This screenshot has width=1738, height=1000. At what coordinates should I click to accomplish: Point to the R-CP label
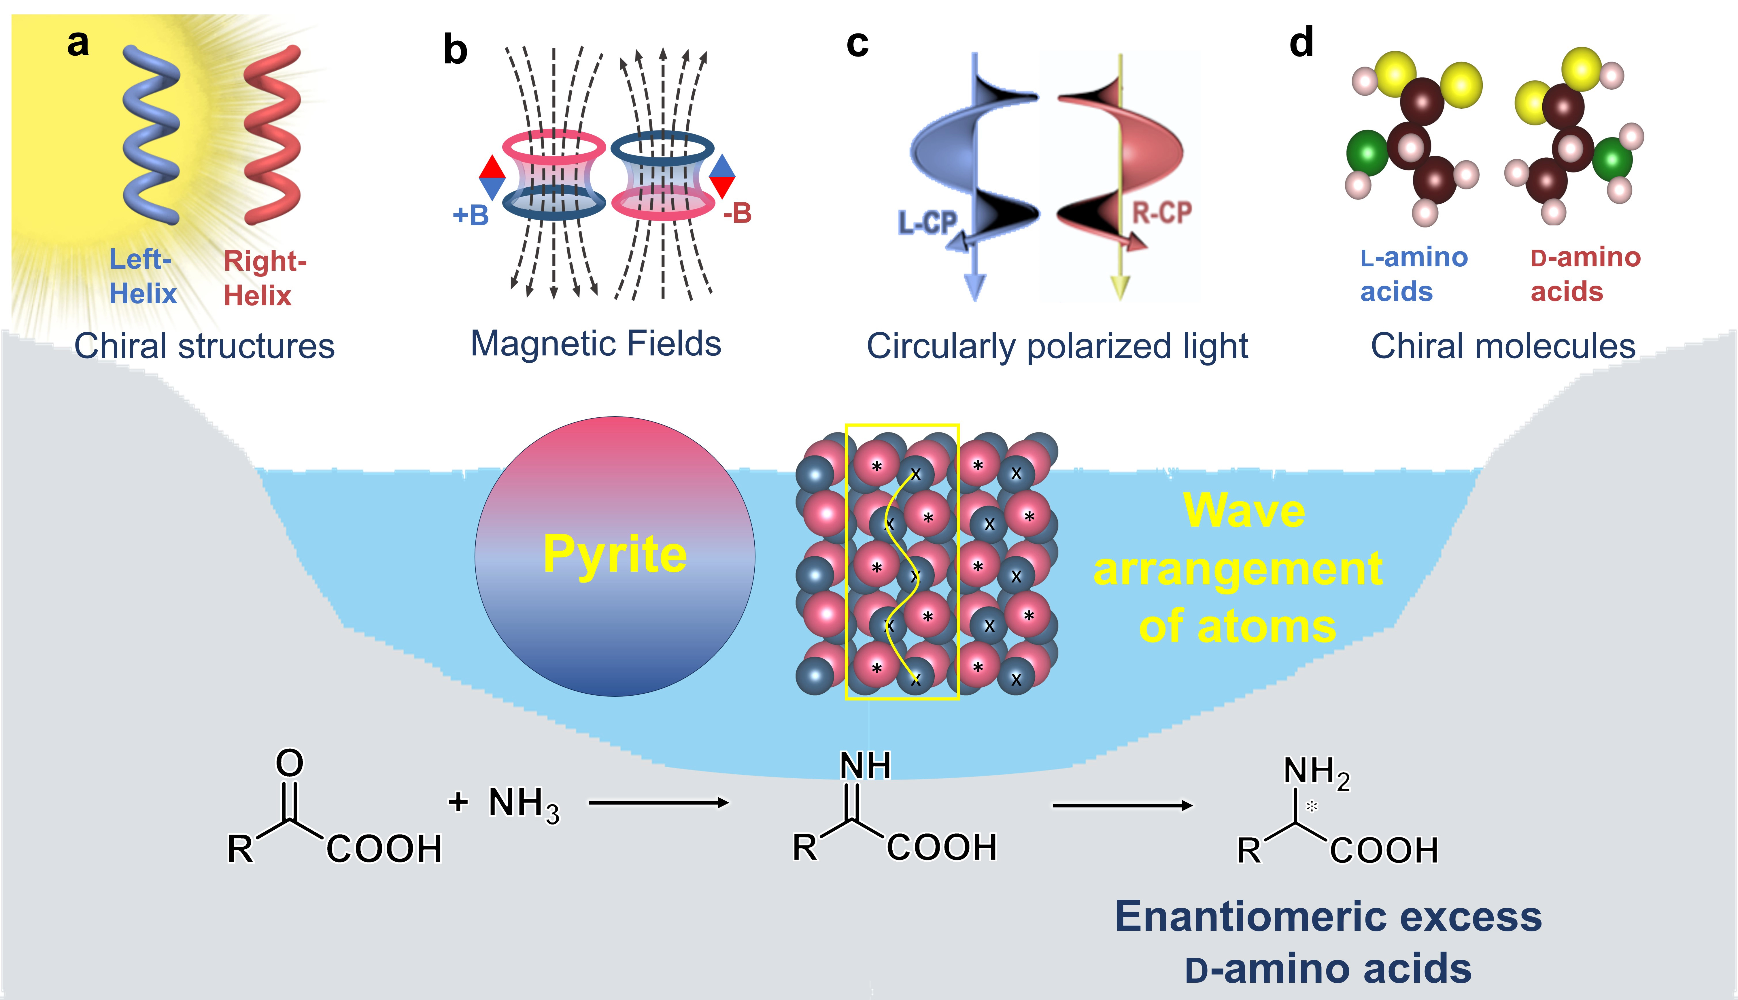[1161, 213]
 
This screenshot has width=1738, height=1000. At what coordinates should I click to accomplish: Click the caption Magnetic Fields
[596, 343]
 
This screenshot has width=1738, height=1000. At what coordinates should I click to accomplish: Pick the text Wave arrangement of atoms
[1238, 569]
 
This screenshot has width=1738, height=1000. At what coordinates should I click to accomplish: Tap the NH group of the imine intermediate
[865, 766]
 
